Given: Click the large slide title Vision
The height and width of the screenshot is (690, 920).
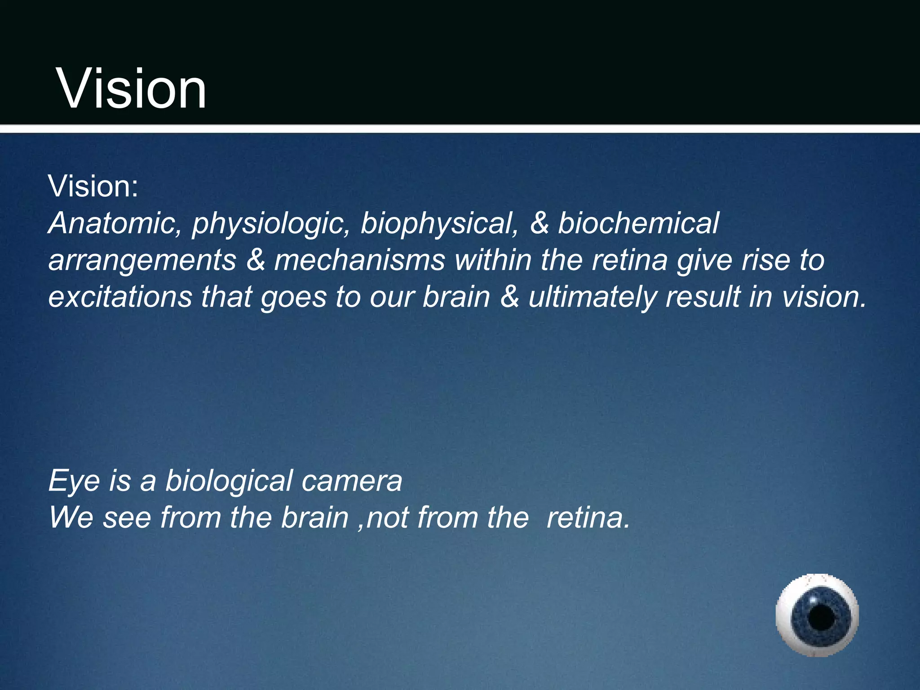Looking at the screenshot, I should tap(131, 88).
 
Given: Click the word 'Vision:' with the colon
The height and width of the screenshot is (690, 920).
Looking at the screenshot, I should tap(93, 186).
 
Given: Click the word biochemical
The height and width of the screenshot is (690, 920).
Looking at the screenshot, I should tap(638, 223).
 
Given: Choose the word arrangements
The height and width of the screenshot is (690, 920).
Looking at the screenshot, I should tap(142, 261).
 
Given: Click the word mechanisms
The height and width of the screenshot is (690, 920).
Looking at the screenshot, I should tap(359, 260).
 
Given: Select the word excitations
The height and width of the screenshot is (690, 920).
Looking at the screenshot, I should tap(120, 297).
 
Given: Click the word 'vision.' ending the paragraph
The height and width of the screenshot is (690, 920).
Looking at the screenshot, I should tap(824, 297).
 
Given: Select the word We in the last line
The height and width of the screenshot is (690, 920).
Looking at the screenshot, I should tap(71, 517).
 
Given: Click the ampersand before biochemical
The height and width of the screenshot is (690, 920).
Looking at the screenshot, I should tap(539, 223).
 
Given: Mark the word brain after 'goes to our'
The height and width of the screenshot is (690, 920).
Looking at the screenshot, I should tap(456, 297).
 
